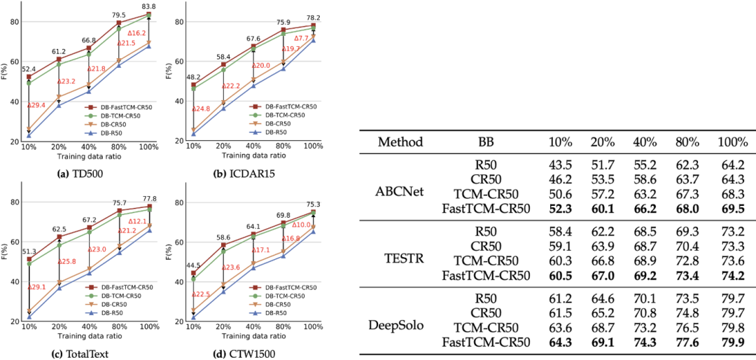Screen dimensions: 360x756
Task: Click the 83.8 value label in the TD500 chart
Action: click(148, 6)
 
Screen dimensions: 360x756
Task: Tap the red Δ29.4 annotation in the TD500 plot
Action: click(36, 105)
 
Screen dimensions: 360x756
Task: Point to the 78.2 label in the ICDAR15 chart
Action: click(314, 18)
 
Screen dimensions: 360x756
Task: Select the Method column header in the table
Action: click(400, 142)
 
